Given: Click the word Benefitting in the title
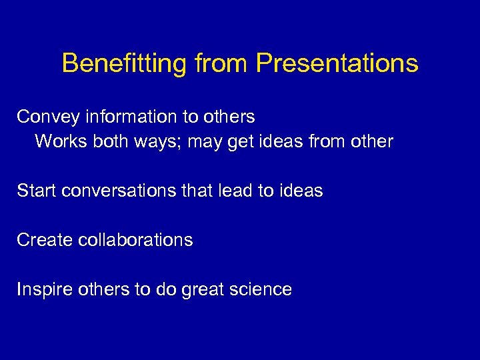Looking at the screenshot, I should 124,64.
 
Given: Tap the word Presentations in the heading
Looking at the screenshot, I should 337,64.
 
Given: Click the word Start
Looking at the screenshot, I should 36,191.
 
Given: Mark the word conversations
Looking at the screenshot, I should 117,191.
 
